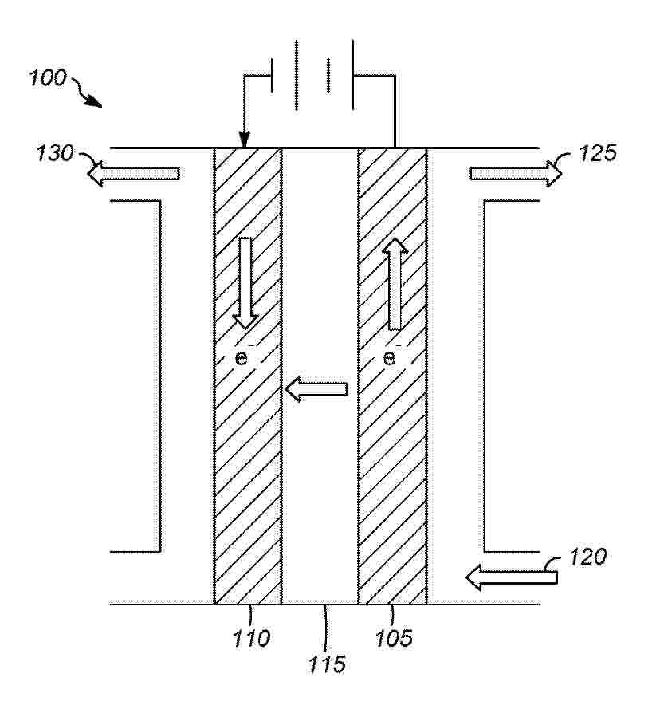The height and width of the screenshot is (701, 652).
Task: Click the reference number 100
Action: tap(48, 78)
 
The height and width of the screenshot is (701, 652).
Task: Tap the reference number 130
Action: tap(54, 153)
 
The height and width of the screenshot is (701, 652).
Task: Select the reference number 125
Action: tap(598, 153)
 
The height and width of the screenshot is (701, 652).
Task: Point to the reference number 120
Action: tap(587, 557)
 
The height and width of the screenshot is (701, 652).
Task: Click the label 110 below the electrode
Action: tap(251, 639)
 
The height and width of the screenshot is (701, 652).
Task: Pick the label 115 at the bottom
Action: tap(327, 664)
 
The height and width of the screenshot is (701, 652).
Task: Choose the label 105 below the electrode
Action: tap(394, 639)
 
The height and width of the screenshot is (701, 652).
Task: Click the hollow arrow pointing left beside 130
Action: tap(134, 174)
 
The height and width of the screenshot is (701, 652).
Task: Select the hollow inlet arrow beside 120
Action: tap(512, 577)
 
